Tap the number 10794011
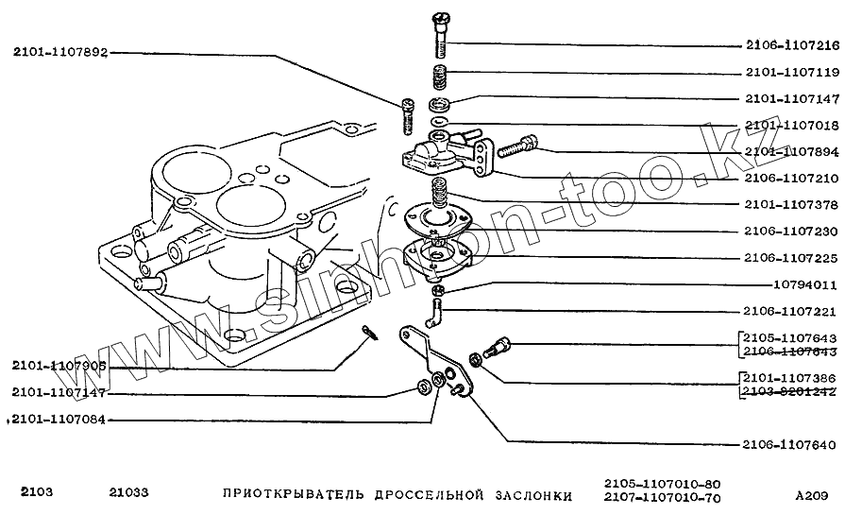800,284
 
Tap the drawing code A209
812,494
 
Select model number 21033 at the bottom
129,493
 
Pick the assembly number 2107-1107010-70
662,499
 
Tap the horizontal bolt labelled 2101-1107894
515,146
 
